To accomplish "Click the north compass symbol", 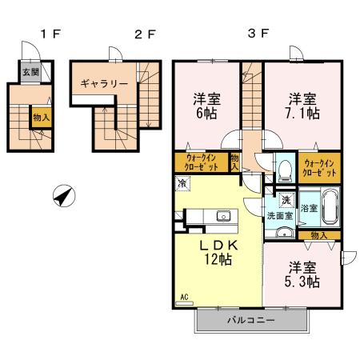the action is (x=64, y=196).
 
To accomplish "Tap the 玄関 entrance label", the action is (x=31, y=72).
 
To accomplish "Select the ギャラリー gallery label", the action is (x=104, y=84).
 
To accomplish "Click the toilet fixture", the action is (x=285, y=170).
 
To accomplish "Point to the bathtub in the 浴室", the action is (x=330, y=206).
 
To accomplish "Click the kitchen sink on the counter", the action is (x=223, y=216).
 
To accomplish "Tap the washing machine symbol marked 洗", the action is (x=286, y=200).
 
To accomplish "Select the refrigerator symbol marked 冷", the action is (x=182, y=183).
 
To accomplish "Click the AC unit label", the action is (x=184, y=297).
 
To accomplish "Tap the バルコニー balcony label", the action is (x=251, y=320).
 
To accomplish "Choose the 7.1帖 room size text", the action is (x=302, y=114).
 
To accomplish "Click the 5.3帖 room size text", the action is (x=302, y=282).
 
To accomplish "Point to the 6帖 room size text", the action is (x=206, y=114).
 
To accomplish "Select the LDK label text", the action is (x=218, y=246).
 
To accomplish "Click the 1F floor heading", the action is (x=51, y=34).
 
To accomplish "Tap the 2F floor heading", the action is (x=145, y=34).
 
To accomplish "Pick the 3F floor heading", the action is (x=258, y=34).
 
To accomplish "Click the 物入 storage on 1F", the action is (x=42, y=118).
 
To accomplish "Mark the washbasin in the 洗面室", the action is (x=285, y=233).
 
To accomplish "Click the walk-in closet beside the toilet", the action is (x=319, y=168).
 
